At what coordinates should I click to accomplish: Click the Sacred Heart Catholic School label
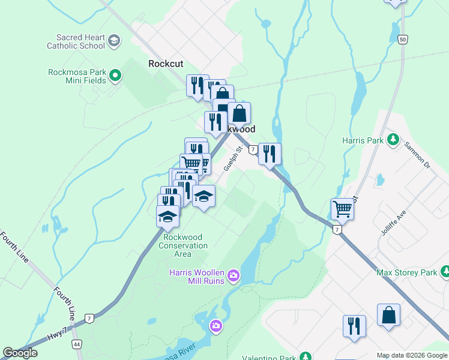[76, 41]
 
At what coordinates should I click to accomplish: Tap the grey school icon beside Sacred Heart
[114, 41]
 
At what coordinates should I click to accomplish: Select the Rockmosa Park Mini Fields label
[77, 76]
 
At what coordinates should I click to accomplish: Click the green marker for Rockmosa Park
[115, 76]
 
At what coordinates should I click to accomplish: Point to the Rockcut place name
[166, 63]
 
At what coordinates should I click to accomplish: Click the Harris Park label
[363, 140]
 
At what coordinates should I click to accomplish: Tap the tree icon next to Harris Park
[393, 140]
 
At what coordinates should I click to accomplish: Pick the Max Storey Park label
[406, 273]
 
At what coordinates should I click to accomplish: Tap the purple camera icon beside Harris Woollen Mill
[234, 277]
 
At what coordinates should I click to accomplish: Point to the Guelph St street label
[232, 159]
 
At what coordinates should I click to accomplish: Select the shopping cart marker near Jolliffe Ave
[342, 209]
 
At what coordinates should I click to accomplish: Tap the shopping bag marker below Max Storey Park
[388, 315]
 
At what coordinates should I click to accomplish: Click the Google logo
[20, 353]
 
